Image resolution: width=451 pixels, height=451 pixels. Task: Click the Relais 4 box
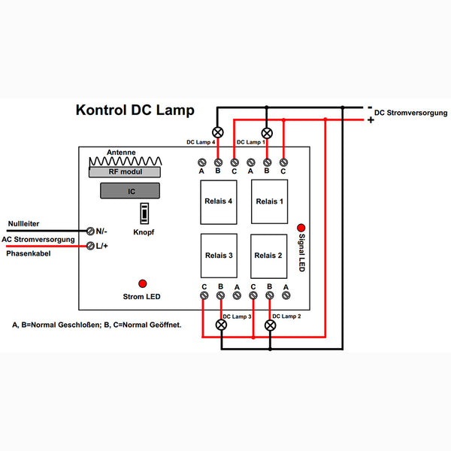tap(219, 202)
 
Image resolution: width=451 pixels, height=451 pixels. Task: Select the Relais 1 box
tap(270, 201)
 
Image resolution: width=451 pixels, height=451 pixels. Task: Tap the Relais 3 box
tap(219, 256)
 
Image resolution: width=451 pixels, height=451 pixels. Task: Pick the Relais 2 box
tap(268, 256)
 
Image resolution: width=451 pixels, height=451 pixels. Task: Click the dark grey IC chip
tap(130, 191)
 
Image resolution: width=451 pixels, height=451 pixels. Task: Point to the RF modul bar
tap(125, 172)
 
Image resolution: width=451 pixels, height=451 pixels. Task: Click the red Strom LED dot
tap(143, 283)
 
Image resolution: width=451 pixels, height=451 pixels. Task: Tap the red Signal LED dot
tap(301, 228)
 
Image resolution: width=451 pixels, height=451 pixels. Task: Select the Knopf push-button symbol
tap(144, 213)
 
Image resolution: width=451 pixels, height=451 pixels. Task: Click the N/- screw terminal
tap(90, 231)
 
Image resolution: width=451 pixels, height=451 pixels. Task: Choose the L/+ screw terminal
tap(90, 246)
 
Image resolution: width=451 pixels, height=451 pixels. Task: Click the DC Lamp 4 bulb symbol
tap(218, 132)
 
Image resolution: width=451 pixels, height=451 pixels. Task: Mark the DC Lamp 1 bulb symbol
tap(267, 133)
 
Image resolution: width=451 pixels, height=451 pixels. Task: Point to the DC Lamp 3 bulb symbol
tap(221, 325)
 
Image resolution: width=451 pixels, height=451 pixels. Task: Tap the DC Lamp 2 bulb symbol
tap(270, 325)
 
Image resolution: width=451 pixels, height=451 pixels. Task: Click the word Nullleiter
tap(23, 224)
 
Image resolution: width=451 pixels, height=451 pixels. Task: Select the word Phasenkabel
tap(29, 253)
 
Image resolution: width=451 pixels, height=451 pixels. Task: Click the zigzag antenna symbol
tap(125, 162)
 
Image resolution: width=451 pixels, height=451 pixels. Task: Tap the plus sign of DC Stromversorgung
tap(371, 120)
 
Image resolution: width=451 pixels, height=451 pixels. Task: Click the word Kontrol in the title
tap(101, 110)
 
